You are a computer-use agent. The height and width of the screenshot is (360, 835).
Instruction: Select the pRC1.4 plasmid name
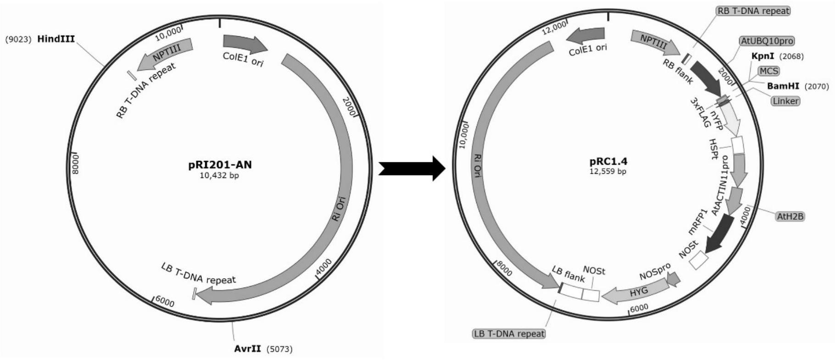click(x=608, y=161)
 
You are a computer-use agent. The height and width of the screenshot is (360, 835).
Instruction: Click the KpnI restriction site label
click(x=762, y=56)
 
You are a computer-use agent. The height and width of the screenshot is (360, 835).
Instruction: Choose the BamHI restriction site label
click(x=783, y=86)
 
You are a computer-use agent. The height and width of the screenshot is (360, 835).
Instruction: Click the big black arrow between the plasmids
click(x=412, y=168)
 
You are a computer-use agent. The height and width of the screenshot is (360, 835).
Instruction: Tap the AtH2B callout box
click(x=790, y=216)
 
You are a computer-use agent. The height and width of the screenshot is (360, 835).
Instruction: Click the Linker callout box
click(x=785, y=100)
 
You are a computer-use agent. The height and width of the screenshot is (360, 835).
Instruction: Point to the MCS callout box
click(x=768, y=71)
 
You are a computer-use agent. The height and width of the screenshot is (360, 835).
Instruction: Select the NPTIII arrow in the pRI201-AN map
click(x=165, y=54)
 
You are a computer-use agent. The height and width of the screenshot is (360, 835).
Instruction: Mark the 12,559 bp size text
click(x=608, y=172)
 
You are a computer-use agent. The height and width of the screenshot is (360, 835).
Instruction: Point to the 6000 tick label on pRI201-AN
click(x=165, y=302)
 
